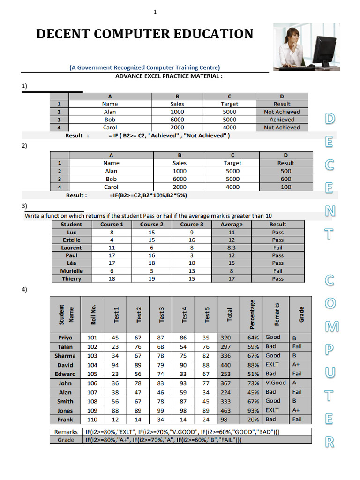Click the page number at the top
pyautogui.click(x=155, y=12)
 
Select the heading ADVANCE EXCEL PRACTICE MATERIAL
pyautogui.click(x=169, y=76)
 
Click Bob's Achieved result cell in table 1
pyautogui.click(x=282, y=120)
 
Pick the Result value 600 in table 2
pyautogui.click(x=285, y=179)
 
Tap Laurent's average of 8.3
pyautogui.click(x=232, y=247)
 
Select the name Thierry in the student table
pyautogui.click(x=71, y=278)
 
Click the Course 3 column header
pyautogui.click(x=192, y=224)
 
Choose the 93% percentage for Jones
pyautogui.click(x=253, y=410)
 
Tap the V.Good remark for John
pyautogui.click(x=275, y=382)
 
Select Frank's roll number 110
pyautogui.click(x=92, y=419)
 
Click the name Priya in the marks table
pyautogui.click(x=65, y=337)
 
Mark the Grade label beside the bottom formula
pyautogui.click(x=66, y=440)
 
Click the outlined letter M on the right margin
pyautogui.click(x=331, y=327)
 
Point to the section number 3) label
pyautogui.click(x=24, y=206)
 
